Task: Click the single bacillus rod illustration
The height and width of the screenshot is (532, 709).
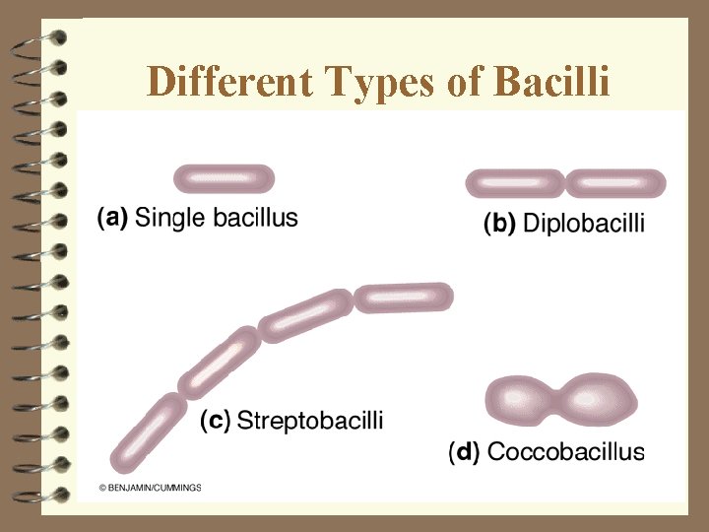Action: pos(224,179)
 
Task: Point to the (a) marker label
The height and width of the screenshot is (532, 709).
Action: pos(113,217)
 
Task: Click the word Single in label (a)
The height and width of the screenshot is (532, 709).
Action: pos(171,217)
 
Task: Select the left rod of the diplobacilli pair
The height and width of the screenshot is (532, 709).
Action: pos(515,183)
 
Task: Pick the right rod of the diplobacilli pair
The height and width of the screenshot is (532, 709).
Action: pos(616,183)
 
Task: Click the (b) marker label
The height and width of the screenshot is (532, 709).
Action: pos(499,225)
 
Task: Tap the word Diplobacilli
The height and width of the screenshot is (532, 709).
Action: pos(584,225)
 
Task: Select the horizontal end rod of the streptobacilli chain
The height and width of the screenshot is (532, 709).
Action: pos(404,297)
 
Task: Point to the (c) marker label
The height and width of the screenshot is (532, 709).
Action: pos(216,421)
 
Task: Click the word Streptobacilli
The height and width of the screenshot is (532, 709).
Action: pos(310,421)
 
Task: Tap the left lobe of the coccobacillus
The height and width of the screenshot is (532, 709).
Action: pos(521,400)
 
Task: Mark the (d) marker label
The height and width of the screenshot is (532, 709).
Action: pos(465,452)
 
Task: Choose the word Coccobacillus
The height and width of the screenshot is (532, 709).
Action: pos(566,452)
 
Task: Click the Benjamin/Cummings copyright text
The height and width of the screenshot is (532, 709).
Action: pos(150,488)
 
